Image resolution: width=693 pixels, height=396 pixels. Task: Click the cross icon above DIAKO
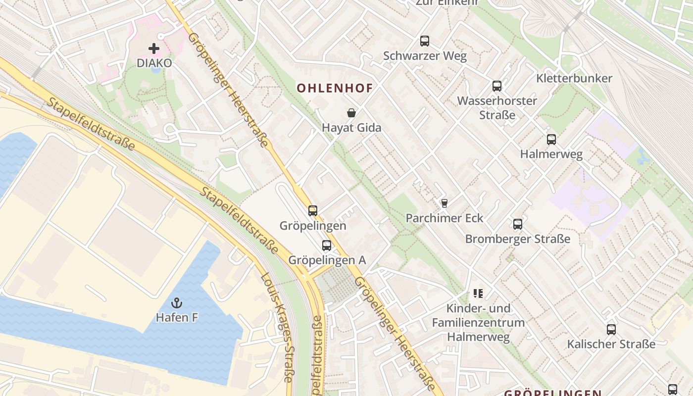154,49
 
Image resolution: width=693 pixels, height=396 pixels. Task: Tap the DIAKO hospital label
154,63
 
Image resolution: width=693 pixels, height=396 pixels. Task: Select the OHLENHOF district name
335,88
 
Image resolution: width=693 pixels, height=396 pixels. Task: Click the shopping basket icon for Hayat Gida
351,113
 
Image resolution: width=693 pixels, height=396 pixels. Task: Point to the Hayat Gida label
351,128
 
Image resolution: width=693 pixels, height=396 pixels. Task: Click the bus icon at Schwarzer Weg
425,41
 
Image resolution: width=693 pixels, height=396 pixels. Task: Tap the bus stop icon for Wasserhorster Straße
497,86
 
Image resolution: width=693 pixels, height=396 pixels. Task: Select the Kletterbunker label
574,78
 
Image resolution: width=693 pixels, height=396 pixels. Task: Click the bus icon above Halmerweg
551,140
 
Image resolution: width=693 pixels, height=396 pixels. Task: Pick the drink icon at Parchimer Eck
444,203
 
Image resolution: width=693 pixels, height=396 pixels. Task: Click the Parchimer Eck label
444,218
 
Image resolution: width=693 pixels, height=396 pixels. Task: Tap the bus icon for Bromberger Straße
518,224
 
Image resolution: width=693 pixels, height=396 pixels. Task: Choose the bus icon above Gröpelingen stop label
313,211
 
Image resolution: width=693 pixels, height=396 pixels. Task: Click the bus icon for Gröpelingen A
327,246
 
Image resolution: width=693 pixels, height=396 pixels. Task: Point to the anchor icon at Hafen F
177,302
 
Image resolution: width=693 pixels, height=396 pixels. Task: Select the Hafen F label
177,318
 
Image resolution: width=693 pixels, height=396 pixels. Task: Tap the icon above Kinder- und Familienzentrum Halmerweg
478,294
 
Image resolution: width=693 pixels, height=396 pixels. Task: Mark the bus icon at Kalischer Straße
611,330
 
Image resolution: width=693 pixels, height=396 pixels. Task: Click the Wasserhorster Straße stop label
497,108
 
